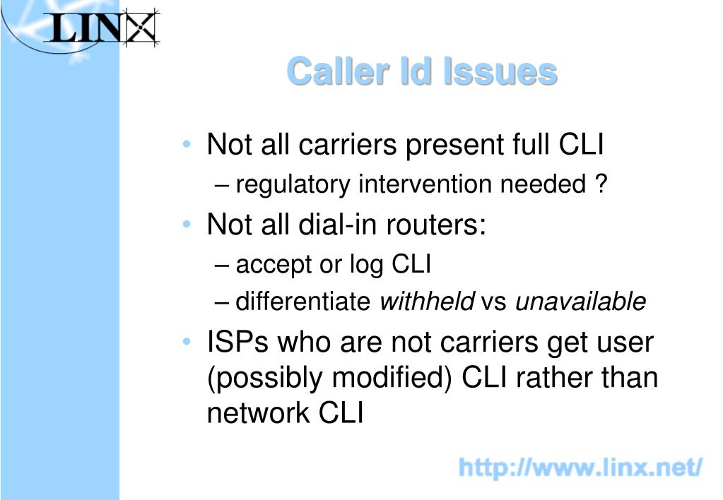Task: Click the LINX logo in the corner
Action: tap(102, 28)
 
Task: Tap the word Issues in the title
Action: tap(500, 71)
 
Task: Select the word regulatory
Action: tap(293, 185)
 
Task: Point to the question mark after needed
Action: tap(601, 183)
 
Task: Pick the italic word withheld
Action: tap(426, 302)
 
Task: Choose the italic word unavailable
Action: tap(580, 302)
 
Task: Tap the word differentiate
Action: tap(303, 302)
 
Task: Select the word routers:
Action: tap(436, 225)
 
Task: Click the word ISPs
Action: tap(237, 343)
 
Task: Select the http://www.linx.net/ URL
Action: tap(580, 468)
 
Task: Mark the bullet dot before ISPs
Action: tap(187, 342)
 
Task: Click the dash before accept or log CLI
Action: tap(221, 266)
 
